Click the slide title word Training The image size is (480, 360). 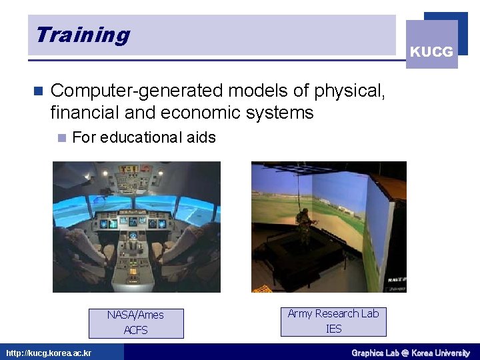pyautogui.click(x=83, y=35)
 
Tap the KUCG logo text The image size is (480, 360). pyautogui.click(x=431, y=51)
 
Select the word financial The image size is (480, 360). pyautogui.click(x=83, y=113)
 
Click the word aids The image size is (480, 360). pyautogui.click(x=201, y=137)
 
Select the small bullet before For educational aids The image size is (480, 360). pyautogui.click(x=61, y=138)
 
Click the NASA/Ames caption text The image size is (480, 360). pyautogui.click(x=135, y=315)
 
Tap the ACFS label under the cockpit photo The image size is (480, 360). pyautogui.click(x=135, y=330)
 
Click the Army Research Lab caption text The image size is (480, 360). pyautogui.click(x=333, y=313)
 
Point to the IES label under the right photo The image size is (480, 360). pyautogui.click(x=333, y=328)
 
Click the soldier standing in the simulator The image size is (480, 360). pyautogui.click(x=305, y=227)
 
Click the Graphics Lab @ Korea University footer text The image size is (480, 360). pyautogui.click(x=411, y=353)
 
